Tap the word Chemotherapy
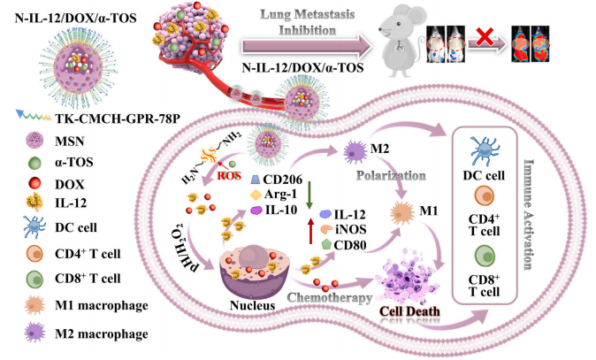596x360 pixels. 332,298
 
